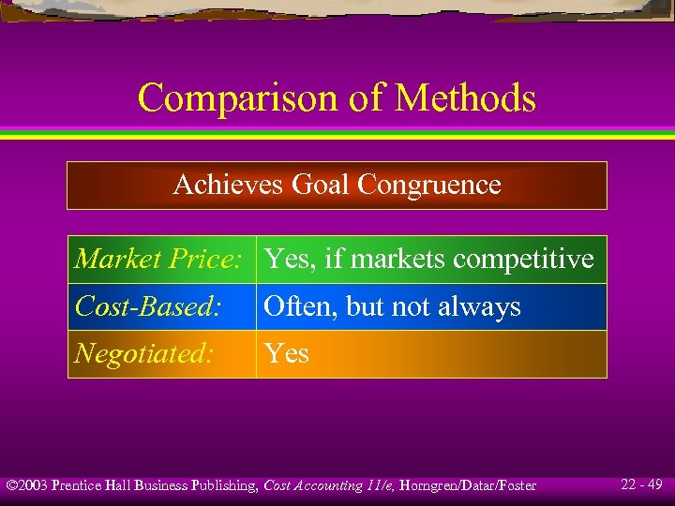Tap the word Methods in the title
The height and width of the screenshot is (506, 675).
(465, 97)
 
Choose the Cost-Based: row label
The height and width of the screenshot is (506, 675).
(147, 306)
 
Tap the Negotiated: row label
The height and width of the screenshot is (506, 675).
(144, 353)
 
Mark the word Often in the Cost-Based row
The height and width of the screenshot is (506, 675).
(294, 306)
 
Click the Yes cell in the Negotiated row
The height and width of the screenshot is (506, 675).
(286, 353)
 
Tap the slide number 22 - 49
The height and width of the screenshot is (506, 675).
(641, 484)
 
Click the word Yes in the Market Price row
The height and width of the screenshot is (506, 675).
(286, 259)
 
